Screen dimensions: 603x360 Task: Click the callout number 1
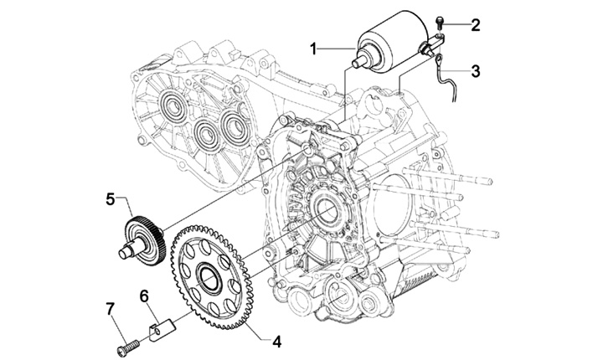(314, 49)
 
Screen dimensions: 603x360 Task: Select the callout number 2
(476, 25)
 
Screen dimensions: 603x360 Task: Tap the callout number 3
(476, 71)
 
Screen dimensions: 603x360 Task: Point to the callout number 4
(277, 341)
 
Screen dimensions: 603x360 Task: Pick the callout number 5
(111, 199)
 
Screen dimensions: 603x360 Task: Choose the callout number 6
(144, 296)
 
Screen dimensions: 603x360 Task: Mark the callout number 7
(111, 308)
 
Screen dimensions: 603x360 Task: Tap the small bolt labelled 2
(440, 23)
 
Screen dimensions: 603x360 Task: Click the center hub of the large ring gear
(209, 276)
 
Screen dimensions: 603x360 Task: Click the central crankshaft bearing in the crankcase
(326, 209)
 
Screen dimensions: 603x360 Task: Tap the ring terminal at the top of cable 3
(438, 59)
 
